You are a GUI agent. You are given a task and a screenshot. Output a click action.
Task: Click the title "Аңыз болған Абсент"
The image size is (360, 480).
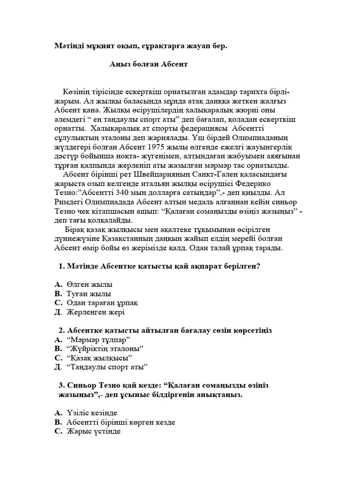tap(148, 64)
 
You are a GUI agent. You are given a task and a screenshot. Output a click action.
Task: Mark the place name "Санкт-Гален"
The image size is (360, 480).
tap(216, 175)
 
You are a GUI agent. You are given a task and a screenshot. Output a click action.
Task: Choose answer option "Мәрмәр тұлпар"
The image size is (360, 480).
tap(98, 339)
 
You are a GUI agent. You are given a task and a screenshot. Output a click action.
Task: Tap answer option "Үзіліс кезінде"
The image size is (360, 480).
tap(92, 412)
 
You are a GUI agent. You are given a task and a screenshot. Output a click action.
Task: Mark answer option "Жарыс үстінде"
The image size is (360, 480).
tap(94, 431)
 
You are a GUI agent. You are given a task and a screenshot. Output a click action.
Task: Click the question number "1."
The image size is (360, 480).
tap(61, 266)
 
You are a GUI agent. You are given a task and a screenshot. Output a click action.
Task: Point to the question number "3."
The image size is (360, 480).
tap(61, 385)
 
